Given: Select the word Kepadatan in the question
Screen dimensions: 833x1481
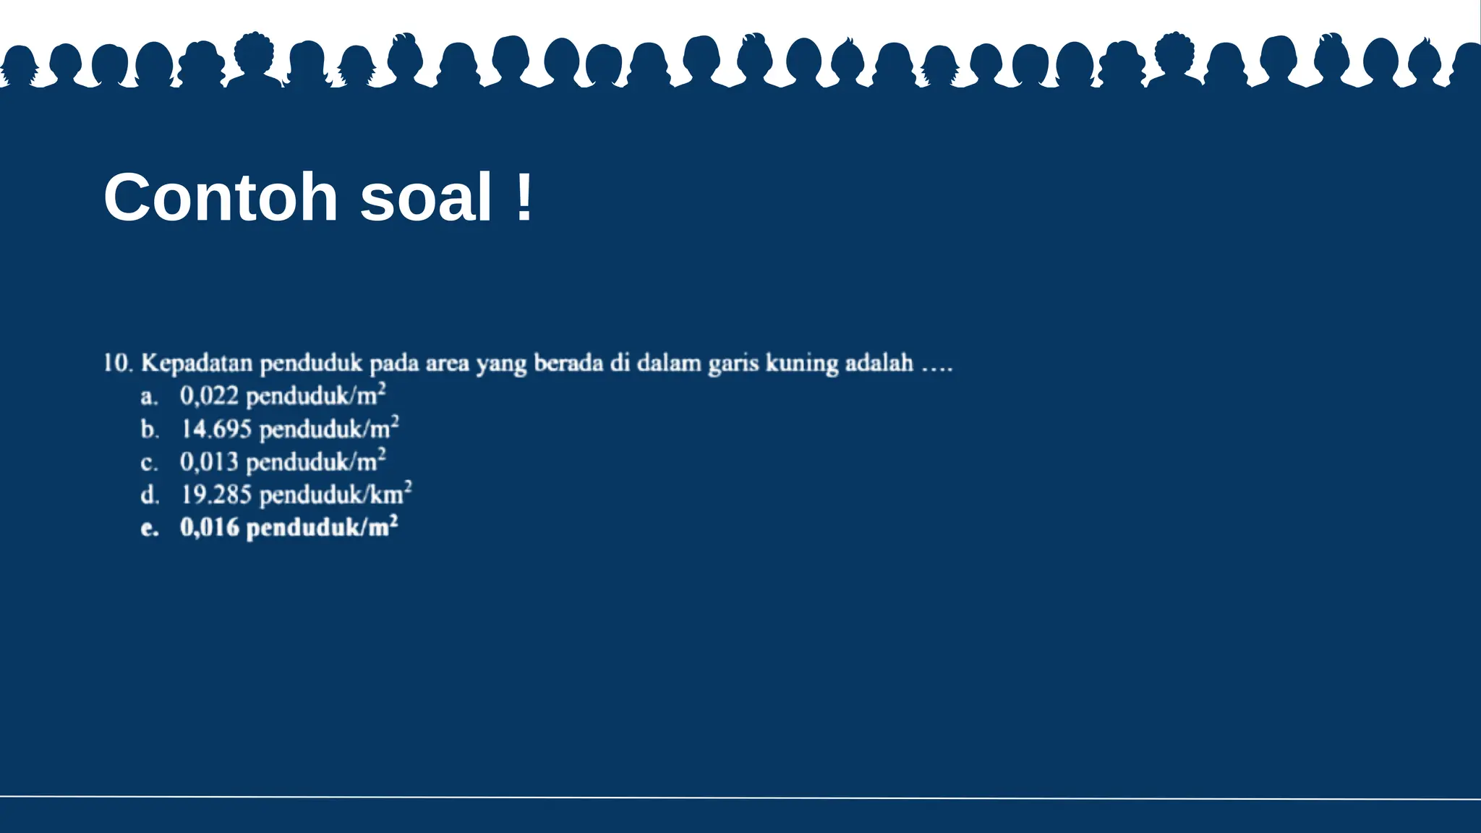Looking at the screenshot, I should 197,363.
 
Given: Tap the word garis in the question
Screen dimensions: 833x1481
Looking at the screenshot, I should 733,363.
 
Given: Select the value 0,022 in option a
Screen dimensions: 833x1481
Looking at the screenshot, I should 209,396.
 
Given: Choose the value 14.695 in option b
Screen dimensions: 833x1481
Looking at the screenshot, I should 215,430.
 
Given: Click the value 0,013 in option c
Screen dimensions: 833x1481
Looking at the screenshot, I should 209,462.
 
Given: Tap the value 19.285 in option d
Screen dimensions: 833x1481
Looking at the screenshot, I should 215,495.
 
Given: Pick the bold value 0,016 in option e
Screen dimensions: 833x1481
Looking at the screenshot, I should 209,528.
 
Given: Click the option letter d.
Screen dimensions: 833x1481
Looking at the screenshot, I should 149,495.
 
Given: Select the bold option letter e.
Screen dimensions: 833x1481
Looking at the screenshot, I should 149,529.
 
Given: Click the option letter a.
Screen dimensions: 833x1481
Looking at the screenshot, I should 148,397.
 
